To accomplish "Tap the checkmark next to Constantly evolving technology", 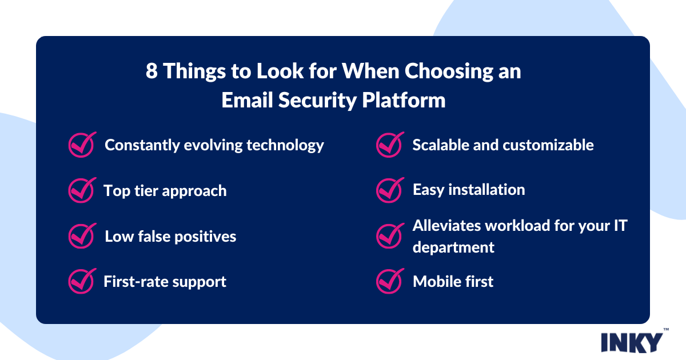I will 81,145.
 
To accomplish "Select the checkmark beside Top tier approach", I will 81,190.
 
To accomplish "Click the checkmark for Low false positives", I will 81,236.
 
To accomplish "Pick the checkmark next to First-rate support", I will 81,281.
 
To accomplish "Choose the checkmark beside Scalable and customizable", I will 389,145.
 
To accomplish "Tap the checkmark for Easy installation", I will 389,190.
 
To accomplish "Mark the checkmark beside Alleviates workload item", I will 389,235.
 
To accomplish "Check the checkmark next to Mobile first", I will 389,281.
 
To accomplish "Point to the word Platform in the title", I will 404,100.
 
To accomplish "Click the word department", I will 453,247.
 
